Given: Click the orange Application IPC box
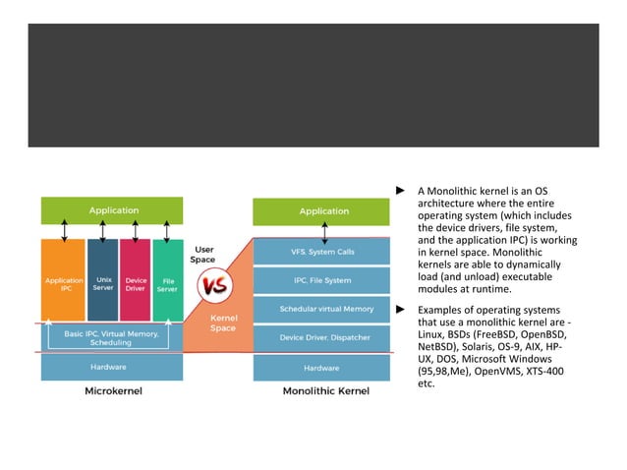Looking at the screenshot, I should click(64, 283).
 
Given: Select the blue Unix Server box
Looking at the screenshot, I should click(102, 283).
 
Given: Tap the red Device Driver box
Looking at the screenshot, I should click(136, 283).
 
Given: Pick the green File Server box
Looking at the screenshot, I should click(168, 283).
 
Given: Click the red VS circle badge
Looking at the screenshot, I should click(212, 288).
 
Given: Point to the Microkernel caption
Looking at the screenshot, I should click(112, 392).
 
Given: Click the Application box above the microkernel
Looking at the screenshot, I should click(112, 210).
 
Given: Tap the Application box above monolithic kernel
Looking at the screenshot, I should click(323, 210).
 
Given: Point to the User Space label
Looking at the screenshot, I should click(204, 254).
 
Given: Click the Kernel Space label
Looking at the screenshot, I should click(223, 323).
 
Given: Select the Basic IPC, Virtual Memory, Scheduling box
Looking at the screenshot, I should click(109, 337).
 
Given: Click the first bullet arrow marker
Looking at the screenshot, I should click(400, 190).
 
